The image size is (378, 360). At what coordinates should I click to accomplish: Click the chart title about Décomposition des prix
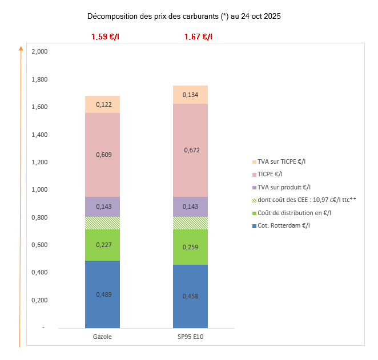click(x=184, y=17)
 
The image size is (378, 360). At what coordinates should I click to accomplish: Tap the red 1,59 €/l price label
click(x=105, y=37)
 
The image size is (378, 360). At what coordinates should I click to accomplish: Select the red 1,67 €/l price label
click(x=198, y=37)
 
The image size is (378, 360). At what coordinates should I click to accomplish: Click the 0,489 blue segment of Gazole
click(x=102, y=294)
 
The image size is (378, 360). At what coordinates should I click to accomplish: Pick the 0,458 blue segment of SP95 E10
click(x=190, y=296)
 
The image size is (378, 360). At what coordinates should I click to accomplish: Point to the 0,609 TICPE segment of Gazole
click(x=102, y=154)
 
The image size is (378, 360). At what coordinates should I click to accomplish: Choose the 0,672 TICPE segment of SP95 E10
click(x=190, y=151)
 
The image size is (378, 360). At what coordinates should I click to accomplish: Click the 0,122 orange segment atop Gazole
click(x=102, y=104)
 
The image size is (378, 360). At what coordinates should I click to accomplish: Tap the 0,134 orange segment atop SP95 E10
click(x=190, y=95)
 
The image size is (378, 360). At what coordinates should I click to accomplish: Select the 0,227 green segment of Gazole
click(x=102, y=245)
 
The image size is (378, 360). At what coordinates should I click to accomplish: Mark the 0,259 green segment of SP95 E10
click(x=190, y=247)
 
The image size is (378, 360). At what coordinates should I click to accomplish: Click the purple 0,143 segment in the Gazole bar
click(x=102, y=207)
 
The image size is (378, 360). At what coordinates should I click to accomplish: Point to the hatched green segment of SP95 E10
click(x=190, y=223)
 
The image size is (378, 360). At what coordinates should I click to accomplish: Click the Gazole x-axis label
click(x=102, y=337)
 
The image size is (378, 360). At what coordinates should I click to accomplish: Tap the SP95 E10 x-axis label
click(x=190, y=337)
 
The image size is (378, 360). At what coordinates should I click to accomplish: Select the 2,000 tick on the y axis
click(x=40, y=52)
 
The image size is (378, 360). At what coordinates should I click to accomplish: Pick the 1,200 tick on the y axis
click(x=40, y=162)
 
